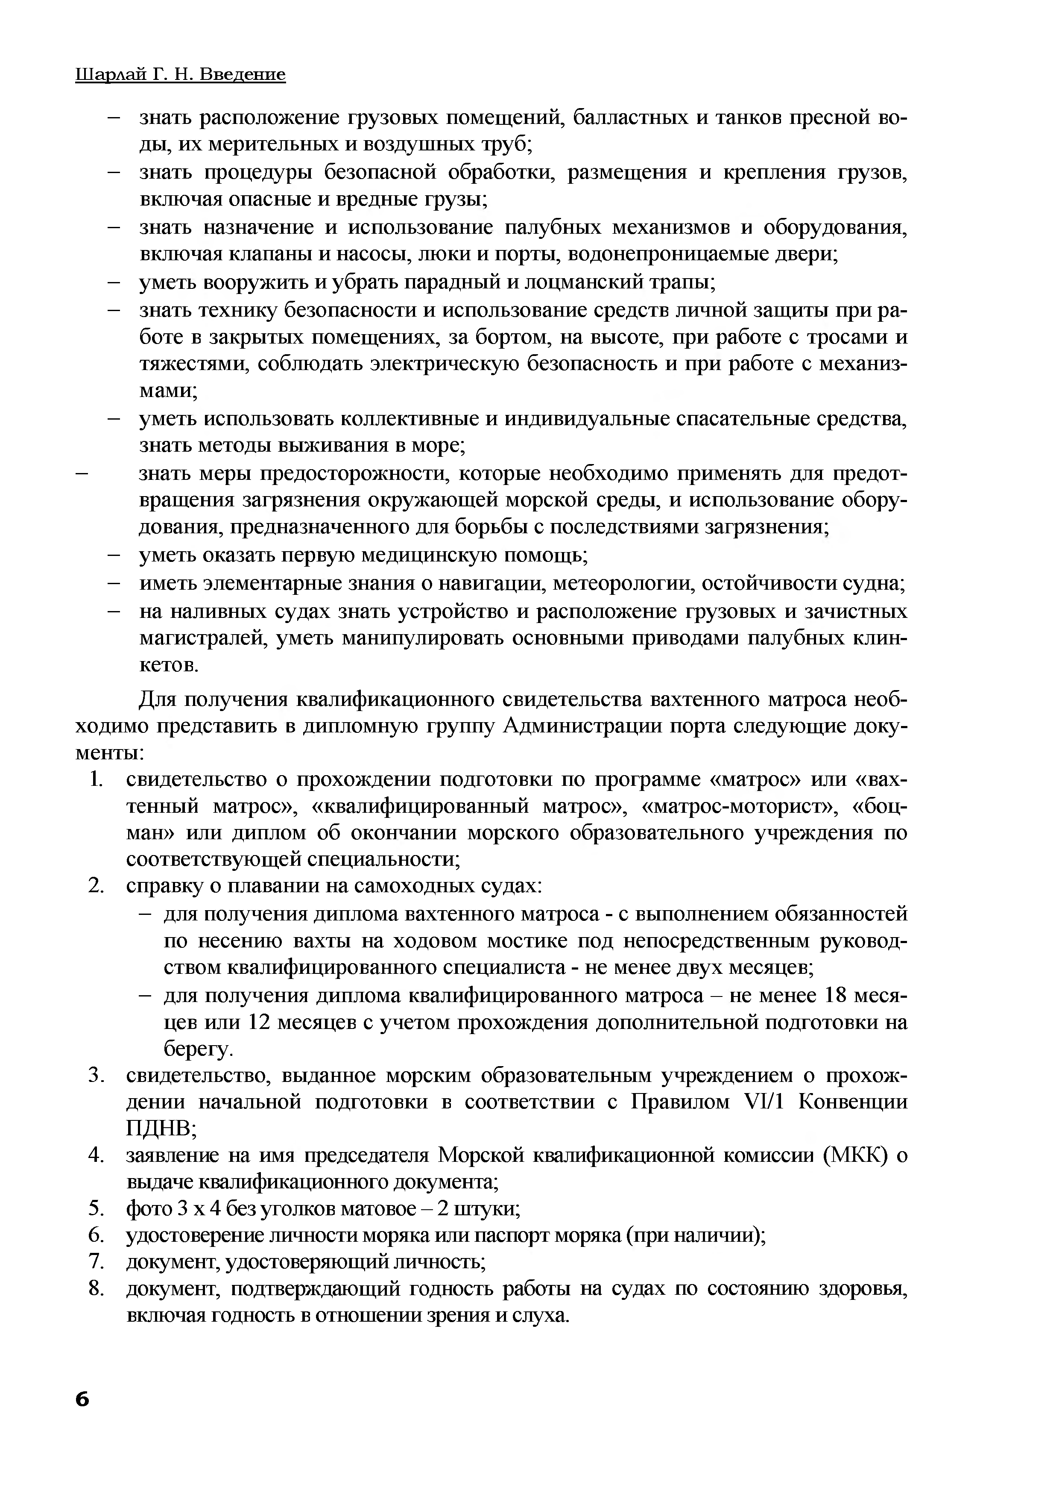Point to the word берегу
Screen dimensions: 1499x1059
pyautogui.click(x=198, y=1049)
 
